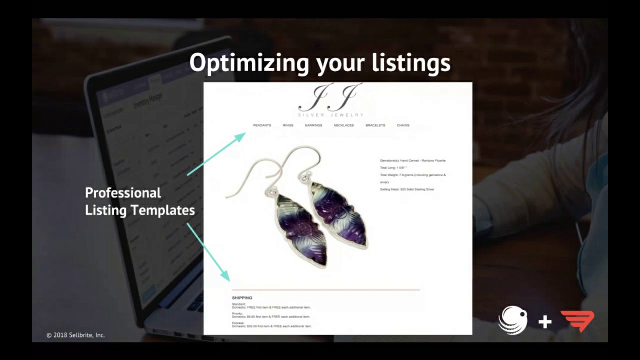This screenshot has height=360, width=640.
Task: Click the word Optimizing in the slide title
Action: (x=248, y=64)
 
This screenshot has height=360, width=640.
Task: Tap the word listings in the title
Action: (x=411, y=64)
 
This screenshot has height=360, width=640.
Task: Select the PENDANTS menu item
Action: (x=262, y=125)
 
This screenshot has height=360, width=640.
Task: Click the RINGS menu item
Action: (x=288, y=125)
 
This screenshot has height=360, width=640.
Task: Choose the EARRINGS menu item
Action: (x=313, y=125)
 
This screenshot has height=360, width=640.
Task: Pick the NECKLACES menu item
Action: (x=343, y=125)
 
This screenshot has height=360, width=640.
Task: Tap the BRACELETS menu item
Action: (x=375, y=125)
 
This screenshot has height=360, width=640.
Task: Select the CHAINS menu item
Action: (x=403, y=125)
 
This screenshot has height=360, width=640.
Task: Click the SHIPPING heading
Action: (x=242, y=298)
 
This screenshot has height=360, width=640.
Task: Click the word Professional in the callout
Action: (x=123, y=193)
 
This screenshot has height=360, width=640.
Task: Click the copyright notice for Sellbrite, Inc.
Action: (x=75, y=335)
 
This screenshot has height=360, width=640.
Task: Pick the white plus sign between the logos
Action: (x=545, y=321)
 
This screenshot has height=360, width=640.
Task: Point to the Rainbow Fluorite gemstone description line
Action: (x=412, y=160)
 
